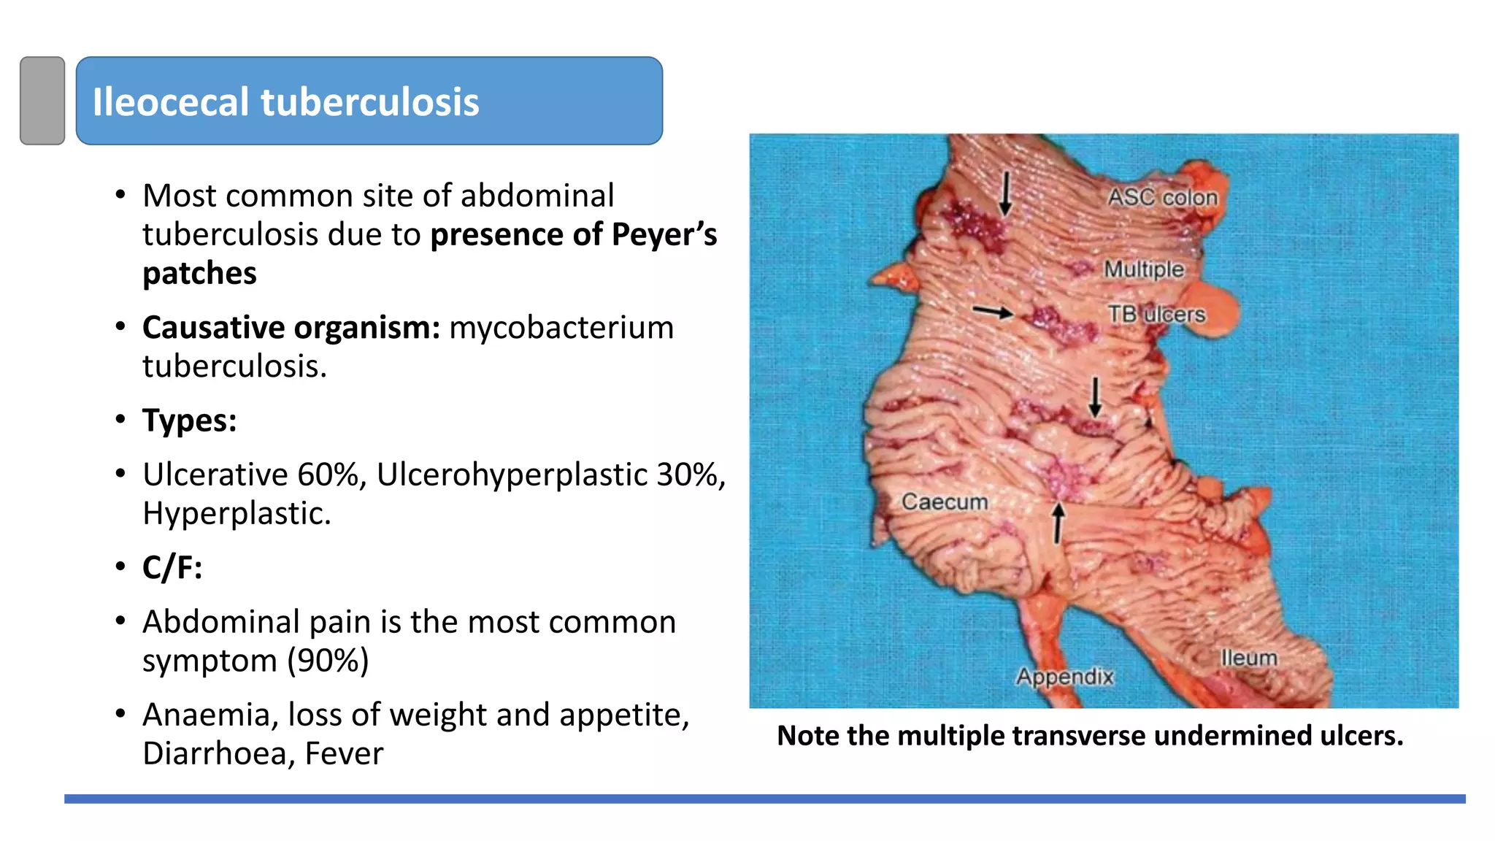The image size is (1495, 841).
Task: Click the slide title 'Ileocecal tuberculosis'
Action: tap(285, 101)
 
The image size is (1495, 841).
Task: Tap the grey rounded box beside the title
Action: tap(42, 101)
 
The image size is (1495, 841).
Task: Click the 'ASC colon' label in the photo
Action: tap(1163, 197)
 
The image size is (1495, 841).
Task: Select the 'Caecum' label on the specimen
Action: tap(945, 502)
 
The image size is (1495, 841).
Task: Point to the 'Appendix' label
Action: tap(1065, 676)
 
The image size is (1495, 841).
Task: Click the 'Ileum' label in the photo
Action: tap(1249, 658)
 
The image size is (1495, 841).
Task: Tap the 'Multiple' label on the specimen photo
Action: tap(1143, 269)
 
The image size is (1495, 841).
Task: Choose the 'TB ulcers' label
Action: tap(1156, 314)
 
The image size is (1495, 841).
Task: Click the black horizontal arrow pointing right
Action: tap(993, 312)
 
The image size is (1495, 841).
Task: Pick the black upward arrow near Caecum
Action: tap(1058, 523)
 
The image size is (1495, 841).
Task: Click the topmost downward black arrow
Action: tap(1005, 193)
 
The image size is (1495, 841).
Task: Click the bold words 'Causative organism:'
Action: tap(291, 328)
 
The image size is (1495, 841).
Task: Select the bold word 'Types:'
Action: tap(190, 420)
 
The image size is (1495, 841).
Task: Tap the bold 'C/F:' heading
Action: tap(172, 568)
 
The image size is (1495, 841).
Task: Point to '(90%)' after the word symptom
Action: tap(328, 661)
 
